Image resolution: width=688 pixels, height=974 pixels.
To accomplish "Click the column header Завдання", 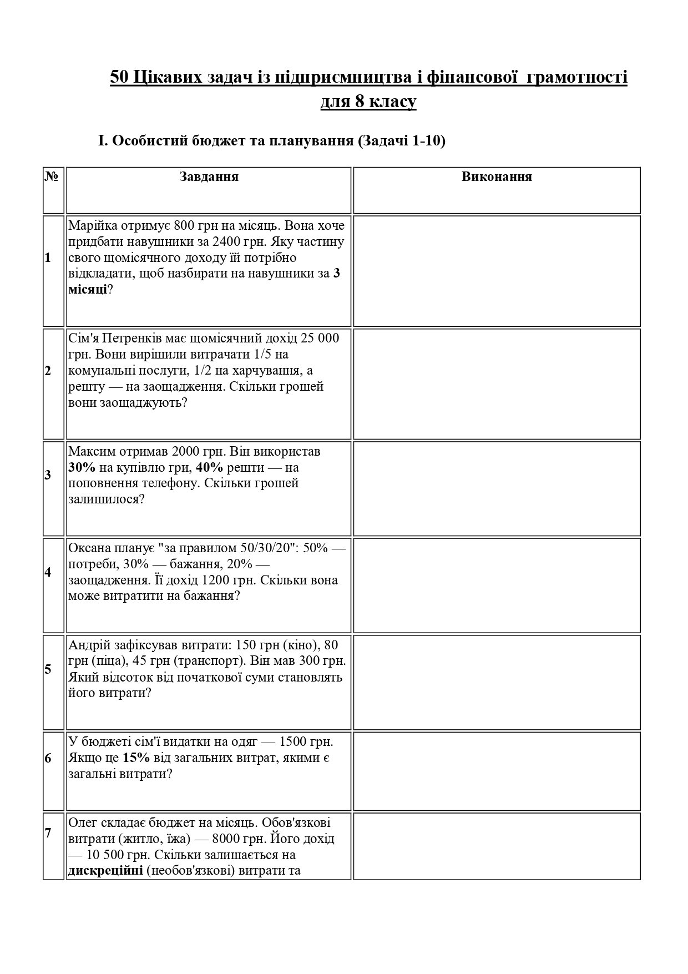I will click(209, 177).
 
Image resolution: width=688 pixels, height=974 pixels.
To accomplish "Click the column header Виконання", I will click(497, 177).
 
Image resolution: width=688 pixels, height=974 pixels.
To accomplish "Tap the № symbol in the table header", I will click(52, 177).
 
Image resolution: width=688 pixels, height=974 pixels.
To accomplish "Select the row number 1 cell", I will click(48, 258).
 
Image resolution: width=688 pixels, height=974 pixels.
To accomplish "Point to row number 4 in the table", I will click(48, 572).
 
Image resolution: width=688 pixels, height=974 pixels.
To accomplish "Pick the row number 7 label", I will click(48, 833).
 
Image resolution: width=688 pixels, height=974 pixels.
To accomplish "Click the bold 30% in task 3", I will click(82, 468).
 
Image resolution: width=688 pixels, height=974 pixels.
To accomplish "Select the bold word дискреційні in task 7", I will click(105, 870).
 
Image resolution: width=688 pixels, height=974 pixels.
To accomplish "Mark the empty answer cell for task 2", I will click(497, 384).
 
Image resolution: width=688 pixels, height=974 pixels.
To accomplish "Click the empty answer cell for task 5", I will click(497, 682).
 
